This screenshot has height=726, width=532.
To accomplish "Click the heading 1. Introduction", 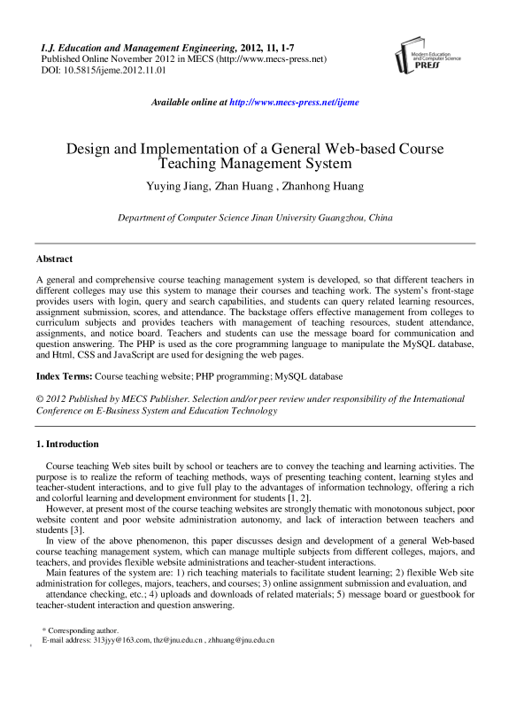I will [x=67, y=444].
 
